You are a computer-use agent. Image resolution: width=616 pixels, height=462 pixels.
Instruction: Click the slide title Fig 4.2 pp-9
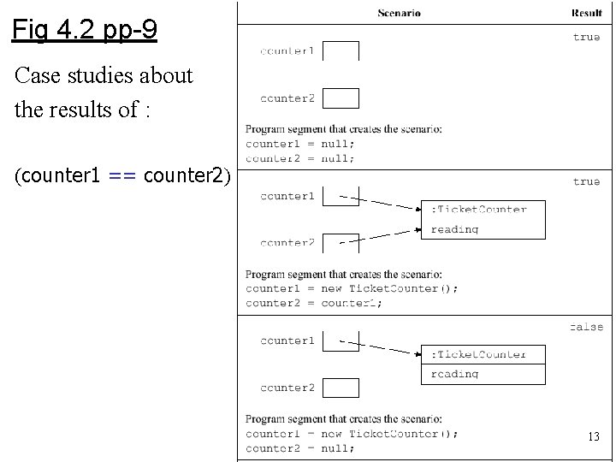[84, 32]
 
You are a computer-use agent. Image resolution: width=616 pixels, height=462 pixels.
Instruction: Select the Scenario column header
[399, 13]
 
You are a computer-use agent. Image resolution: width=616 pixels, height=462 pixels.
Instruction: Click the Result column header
[587, 13]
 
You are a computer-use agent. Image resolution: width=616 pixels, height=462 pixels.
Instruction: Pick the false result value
[586, 326]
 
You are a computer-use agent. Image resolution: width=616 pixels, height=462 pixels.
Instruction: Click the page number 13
[593, 437]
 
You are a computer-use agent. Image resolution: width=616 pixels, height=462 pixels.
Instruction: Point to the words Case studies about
[104, 75]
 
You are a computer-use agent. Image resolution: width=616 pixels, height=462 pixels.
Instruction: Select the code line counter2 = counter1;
[314, 303]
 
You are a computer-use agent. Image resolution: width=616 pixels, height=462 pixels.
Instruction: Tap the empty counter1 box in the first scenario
[341, 50]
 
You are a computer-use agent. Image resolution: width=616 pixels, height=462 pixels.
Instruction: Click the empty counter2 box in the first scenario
[341, 98]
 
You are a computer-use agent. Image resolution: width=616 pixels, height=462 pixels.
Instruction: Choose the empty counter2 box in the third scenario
[341, 388]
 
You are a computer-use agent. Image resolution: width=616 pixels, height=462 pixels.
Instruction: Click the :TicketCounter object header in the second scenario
[478, 209]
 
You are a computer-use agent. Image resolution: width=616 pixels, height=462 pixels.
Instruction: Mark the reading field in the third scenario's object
[454, 374]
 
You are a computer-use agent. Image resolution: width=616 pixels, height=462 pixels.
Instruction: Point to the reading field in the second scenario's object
[454, 229]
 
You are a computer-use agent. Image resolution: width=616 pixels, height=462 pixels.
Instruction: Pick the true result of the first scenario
[586, 37]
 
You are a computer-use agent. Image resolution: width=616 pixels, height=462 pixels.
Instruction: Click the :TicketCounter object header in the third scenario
[478, 353]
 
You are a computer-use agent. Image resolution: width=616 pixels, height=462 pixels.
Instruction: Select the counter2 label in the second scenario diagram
[287, 243]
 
